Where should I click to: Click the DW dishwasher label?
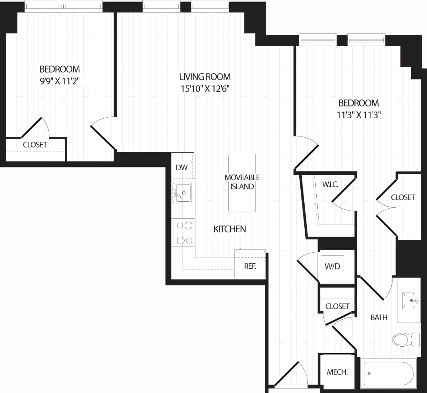point(181,167)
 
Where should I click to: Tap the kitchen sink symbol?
point(182,193)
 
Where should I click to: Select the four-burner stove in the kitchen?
point(184,233)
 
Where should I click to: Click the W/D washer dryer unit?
point(332,267)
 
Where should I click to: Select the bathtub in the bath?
point(389,373)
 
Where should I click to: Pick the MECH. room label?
point(337,372)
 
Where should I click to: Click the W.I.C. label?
point(330,185)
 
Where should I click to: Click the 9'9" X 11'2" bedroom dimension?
point(59,81)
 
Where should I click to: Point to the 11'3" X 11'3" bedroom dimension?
point(358,115)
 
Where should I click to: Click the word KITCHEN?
point(230,229)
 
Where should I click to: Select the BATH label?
point(379,317)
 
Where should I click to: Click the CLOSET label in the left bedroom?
point(35,145)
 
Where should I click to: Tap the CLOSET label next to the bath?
point(337,306)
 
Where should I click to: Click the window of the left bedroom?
point(64,6)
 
